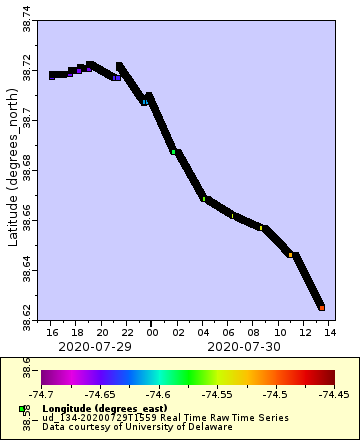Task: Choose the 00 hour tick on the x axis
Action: [x=152, y=331]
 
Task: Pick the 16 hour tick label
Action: [x=52, y=331]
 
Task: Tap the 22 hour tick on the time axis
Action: [x=127, y=331]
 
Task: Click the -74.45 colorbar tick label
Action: [x=335, y=395]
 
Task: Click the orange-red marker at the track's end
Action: [x=322, y=307]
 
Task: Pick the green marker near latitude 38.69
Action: [x=174, y=151]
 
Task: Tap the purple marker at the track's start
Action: [x=52, y=75]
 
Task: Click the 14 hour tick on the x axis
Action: [x=329, y=331]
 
